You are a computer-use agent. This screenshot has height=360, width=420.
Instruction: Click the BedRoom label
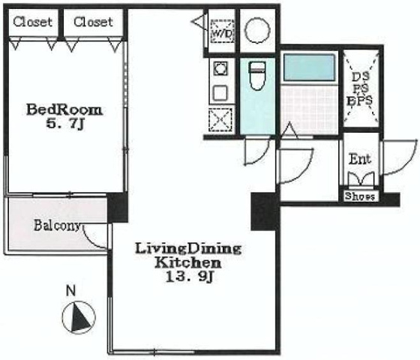pyautogui.click(x=64, y=110)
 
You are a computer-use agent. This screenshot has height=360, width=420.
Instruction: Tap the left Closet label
pyautogui.click(x=32, y=22)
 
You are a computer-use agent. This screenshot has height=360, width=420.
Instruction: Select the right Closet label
pyautogui.click(x=93, y=22)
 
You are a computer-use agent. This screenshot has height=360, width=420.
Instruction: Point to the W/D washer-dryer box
pyautogui.click(x=223, y=31)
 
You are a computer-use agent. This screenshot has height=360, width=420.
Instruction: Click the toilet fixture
pyautogui.click(x=257, y=76)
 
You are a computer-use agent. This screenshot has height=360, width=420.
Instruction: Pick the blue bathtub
pyautogui.click(x=309, y=67)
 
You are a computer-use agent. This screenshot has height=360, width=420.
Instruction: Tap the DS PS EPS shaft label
pyautogui.click(x=360, y=88)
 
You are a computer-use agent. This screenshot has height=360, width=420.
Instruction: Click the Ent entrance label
pyautogui.click(x=360, y=159)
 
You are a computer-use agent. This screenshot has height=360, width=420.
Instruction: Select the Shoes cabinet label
pyautogui.click(x=360, y=196)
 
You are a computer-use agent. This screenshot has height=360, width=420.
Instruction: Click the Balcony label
pyautogui.click(x=57, y=226)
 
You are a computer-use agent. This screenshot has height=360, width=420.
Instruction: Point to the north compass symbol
pyautogui.click(x=79, y=318)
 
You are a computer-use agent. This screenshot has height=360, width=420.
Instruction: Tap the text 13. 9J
pyautogui.click(x=189, y=277)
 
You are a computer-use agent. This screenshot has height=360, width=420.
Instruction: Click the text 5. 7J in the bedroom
pyautogui.click(x=66, y=124)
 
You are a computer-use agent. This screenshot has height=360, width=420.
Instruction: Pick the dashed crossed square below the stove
pyautogui.click(x=220, y=120)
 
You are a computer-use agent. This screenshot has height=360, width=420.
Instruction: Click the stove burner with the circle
pyautogui.click(x=220, y=69)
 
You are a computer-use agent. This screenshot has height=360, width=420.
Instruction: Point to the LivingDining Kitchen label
pyautogui.click(x=188, y=256)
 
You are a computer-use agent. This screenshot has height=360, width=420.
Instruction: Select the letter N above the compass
pyautogui.click(x=70, y=291)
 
